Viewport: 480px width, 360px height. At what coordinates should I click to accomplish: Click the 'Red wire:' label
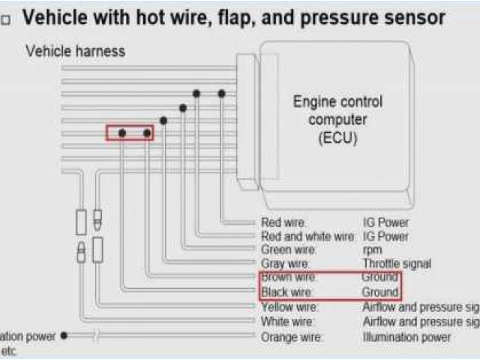283,223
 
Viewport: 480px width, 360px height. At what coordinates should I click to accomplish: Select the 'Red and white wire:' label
307,236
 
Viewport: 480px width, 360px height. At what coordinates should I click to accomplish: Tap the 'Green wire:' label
288,250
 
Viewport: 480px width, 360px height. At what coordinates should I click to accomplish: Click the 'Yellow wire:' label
289,307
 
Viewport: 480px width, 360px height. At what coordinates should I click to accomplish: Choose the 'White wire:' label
287,322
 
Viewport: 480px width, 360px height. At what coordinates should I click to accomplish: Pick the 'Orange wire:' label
291,337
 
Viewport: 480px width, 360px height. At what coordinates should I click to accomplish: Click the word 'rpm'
372,250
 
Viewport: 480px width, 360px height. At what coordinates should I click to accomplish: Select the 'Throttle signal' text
396,263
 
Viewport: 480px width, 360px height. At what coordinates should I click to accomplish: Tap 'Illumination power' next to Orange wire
406,337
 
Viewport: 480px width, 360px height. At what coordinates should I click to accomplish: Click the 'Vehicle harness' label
75,51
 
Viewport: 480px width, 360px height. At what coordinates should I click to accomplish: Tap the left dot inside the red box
121,133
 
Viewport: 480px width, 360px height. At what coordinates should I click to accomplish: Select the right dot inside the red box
147,133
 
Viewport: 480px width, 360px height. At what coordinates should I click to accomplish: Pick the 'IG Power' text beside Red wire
385,223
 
